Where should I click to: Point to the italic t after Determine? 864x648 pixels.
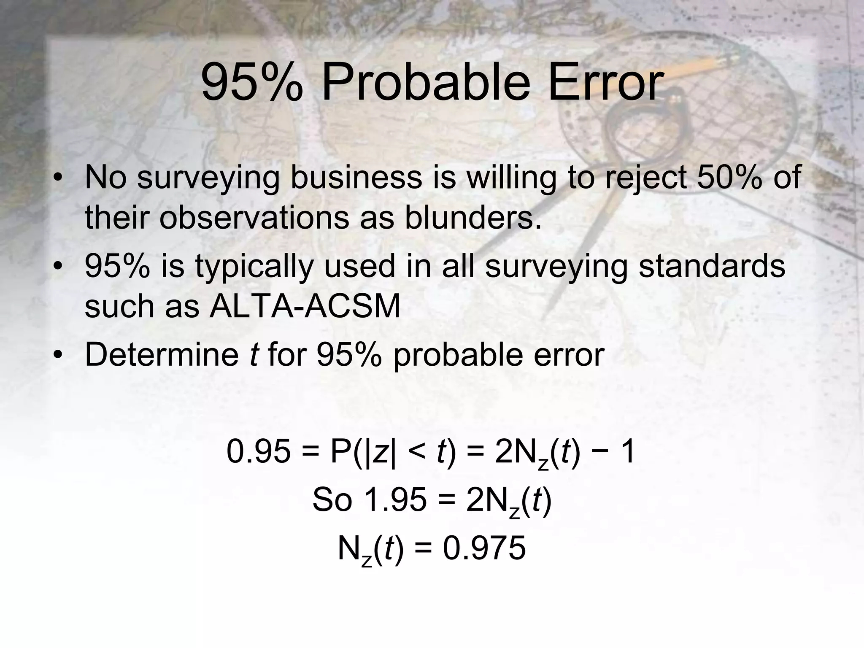click(x=253, y=355)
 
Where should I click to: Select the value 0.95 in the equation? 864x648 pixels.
click(x=258, y=452)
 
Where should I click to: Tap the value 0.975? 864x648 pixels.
click(x=484, y=549)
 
